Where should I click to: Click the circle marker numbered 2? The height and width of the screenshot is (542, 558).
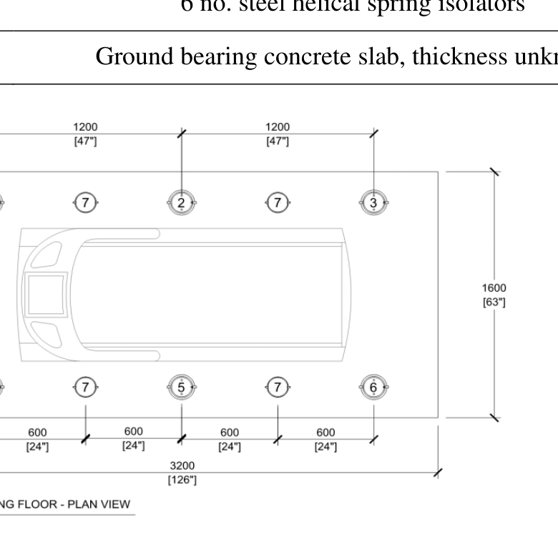point(182,203)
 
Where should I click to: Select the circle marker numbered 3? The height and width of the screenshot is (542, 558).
point(373,203)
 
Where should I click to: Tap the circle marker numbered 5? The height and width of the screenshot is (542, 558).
point(182,388)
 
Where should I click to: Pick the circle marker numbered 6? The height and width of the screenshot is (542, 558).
point(373,388)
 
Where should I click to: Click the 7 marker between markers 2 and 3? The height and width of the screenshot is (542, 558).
point(278,203)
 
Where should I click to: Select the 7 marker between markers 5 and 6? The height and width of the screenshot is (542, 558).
point(278,388)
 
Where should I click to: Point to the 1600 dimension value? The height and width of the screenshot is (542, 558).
point(494,288)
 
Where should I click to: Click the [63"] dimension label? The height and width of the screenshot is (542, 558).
point(494,302)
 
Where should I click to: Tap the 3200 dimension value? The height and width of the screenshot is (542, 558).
point(182,466)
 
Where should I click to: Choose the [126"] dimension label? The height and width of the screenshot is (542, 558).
point(182,480)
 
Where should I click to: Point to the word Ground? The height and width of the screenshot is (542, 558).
point(135,57)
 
